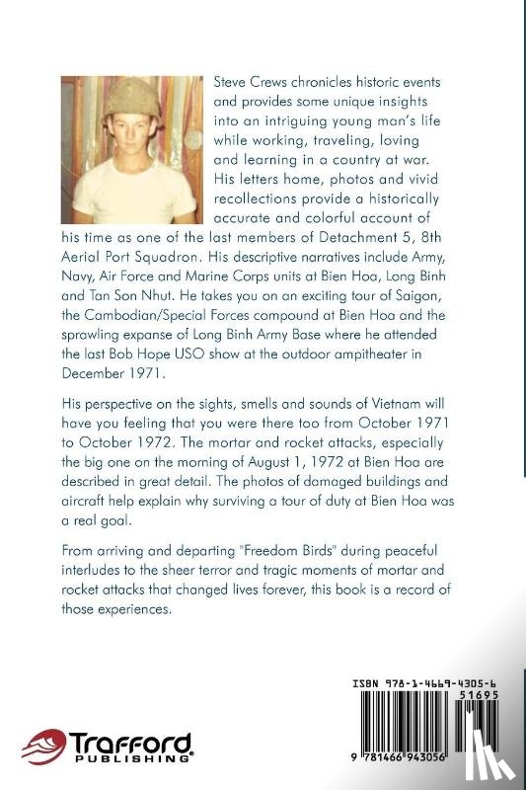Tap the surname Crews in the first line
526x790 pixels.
pyautogui.click(x=275, y=82)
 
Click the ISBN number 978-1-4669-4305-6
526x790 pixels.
pyautogui.click(x=432, y=682)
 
